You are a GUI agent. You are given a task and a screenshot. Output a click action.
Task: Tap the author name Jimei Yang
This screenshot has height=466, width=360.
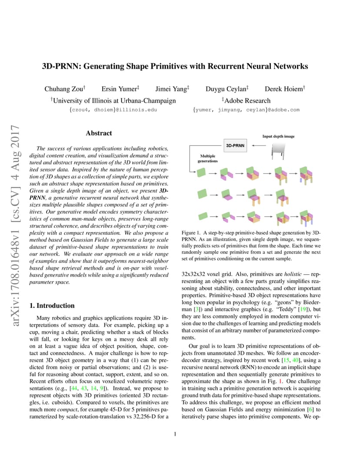tap(172, 89)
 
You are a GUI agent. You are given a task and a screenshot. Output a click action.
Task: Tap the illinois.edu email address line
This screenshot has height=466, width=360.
tap(113, 110)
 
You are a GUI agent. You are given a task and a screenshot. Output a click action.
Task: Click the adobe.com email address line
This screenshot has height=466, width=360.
tap(246, 110)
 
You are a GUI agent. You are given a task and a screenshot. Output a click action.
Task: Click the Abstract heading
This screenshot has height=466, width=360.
tap(99, 133)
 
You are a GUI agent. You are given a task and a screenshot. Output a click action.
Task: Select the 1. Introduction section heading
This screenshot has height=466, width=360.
tap(52, 306)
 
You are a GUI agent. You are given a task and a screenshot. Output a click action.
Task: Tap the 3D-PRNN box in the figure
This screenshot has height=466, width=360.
tap(235, 146)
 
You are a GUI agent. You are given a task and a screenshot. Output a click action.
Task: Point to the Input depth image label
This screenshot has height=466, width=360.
tap(278, 136)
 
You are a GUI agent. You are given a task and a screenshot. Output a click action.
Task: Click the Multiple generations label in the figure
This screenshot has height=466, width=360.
tap(207, 158)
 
